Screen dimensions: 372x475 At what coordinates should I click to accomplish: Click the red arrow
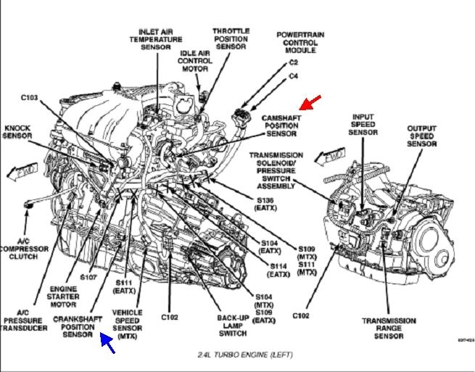click(x=310, y=103)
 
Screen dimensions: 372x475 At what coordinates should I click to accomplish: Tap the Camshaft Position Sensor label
click(x=272, y=125)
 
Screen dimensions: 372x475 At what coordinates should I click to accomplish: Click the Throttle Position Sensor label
click(x=231, y=38)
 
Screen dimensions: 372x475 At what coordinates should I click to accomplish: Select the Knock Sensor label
click(x=17, y=132)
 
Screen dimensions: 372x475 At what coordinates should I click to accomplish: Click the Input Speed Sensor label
click(x=363, y=124)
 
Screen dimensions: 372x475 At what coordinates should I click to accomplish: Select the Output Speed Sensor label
click(x=422, y=136)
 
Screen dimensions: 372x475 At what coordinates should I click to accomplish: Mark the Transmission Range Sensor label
click(x=389, y=328)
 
